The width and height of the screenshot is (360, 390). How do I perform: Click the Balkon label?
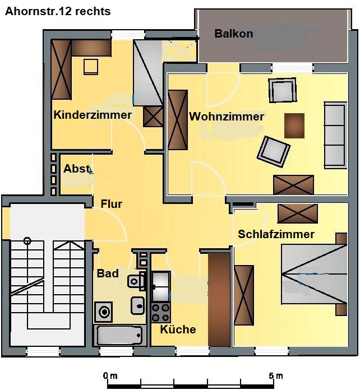point(233,34)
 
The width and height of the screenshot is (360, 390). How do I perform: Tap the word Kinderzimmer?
point(93,115)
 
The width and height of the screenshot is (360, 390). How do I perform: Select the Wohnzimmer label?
point(227,117)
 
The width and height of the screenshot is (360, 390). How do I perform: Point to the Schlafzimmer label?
point(276,234)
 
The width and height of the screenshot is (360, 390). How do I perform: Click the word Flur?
point(111,204)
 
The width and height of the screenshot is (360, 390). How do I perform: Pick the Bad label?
point(108,273)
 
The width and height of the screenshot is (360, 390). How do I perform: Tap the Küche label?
point(178,329)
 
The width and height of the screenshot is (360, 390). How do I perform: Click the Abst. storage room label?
point(78,169)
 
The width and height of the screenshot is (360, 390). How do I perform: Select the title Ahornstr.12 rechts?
point(58,11)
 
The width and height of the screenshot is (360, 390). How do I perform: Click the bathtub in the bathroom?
point(119,335)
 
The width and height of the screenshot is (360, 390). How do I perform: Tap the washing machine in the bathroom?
point(103,312)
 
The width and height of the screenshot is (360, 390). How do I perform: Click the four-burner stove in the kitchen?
point(160,313)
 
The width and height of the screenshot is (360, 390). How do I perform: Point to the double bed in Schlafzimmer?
point(314,274)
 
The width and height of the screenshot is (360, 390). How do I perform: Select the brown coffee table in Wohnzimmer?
point(294,126)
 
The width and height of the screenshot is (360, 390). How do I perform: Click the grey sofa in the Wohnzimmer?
point(335,135)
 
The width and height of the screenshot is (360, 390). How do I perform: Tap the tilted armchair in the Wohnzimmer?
point(274,151)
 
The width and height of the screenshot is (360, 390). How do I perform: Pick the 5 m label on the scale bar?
point(275,375)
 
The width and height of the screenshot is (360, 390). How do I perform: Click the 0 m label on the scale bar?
point(110,375)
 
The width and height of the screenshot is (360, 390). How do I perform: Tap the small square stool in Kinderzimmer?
point(91,67)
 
